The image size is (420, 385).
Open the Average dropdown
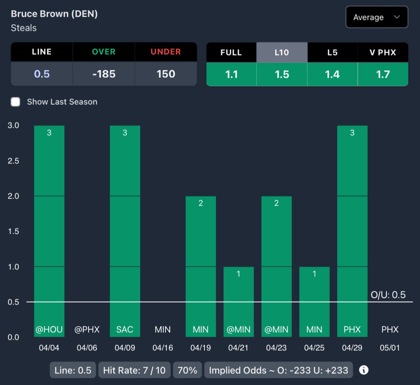point(377,17)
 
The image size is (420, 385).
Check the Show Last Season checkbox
point(16,102)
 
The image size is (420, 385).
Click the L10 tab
point(282,53)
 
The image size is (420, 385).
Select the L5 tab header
point(332,53)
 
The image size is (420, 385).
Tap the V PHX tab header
point(383,53)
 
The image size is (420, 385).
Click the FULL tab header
point(231,53)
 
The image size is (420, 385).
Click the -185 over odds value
point(104,74)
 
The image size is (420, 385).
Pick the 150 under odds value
point(166,74)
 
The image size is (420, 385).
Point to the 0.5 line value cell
point(42,74)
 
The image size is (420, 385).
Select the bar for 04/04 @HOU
point(49,230)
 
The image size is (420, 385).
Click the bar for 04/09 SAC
point(125,230)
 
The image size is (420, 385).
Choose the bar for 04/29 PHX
point(352,230)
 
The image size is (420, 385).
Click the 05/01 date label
point(390,348)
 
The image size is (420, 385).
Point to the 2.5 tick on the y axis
point(14,161)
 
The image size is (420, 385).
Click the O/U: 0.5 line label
point(388,295)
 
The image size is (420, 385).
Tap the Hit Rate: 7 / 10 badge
point(134,370)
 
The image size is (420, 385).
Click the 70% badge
point(187,370)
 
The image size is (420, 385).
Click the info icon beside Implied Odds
point(364,370)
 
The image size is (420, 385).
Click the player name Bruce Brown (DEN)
point(54,14)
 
